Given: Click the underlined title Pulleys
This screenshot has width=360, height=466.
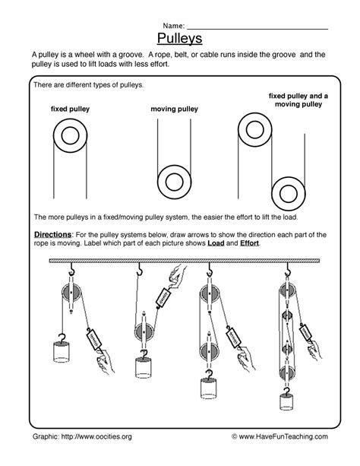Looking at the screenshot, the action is (179, 39).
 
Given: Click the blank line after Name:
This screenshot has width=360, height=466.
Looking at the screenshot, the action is (257, 29).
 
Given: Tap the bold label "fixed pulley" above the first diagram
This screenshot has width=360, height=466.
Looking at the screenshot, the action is (70, 109).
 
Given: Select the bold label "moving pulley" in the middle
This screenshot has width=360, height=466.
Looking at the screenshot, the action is (175, 109).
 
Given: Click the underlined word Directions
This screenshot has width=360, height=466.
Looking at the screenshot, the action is (52, 234).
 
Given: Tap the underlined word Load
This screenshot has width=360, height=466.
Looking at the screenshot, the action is (216, 243).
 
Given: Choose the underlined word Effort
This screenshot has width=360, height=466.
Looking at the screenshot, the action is (249, 243).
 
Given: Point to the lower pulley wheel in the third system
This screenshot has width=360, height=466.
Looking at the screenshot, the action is (210, 350).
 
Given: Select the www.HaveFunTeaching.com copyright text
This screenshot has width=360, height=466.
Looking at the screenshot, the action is (279, 436).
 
